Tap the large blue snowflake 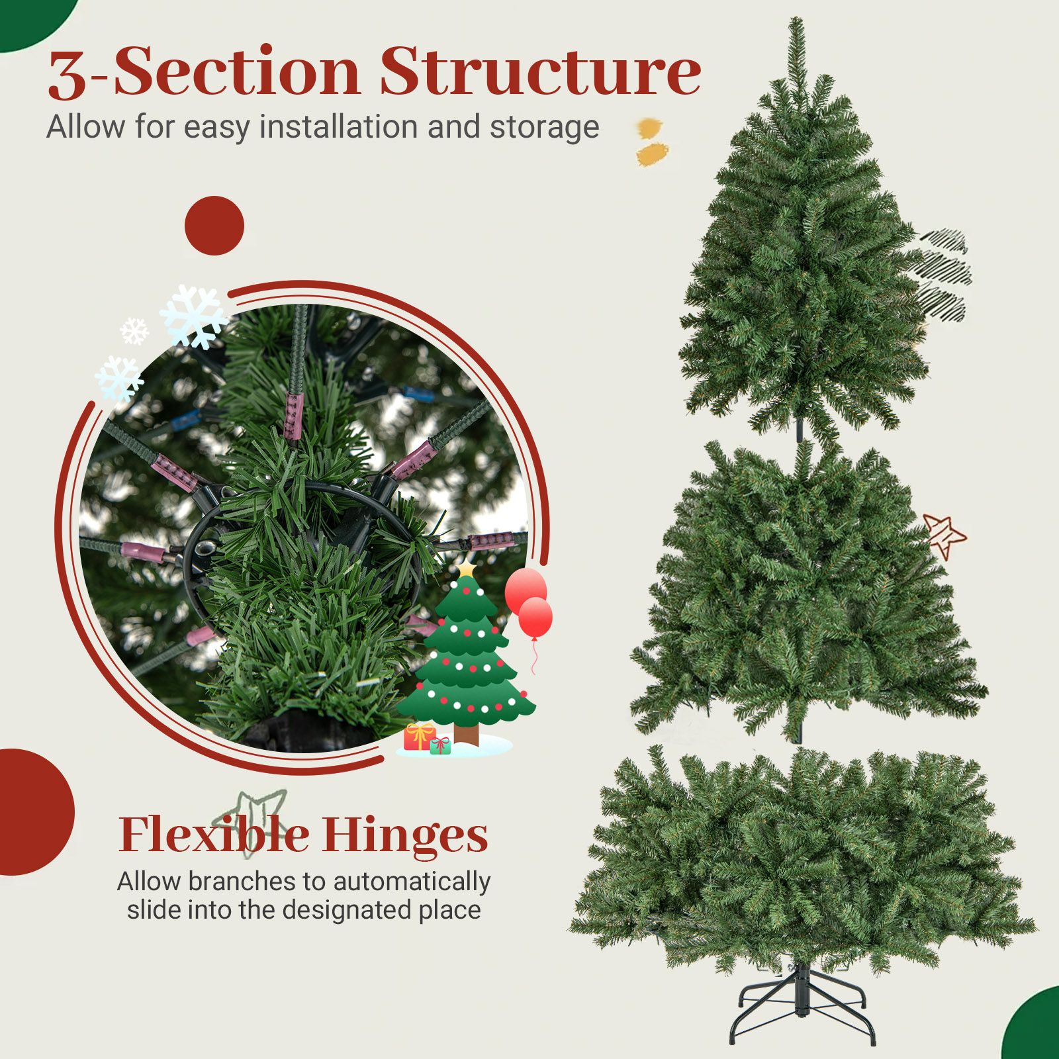193,316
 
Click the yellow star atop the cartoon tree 467,568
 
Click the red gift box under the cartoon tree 420,737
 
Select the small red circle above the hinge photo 214,226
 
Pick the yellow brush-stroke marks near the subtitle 651,142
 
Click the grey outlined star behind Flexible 254,821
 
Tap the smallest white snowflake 134,331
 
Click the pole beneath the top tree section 799,428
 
